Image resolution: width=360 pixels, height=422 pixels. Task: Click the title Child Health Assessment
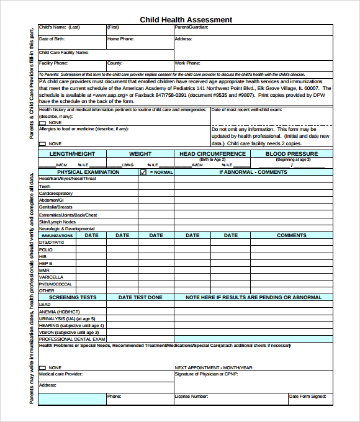[x=186, y=20]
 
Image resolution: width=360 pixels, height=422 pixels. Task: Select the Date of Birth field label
[x=52, y=39]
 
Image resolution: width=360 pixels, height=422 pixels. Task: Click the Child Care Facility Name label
[x=63, y=53]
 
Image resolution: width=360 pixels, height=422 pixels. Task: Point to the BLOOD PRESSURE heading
[x=291, y=153]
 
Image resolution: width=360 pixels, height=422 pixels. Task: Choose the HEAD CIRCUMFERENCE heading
[x=212, y=153]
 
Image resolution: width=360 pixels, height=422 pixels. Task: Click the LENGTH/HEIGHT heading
[x=72, y=153]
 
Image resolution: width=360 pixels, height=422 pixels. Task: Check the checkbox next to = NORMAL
[x=143, y=172]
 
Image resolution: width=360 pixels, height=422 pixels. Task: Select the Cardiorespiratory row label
[x=55, y=194]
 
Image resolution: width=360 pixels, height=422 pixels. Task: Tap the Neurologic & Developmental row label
[x=66, y=228]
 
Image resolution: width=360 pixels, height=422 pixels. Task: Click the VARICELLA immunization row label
[x=51, y=277]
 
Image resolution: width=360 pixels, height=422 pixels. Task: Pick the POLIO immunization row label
[x=46, y=249]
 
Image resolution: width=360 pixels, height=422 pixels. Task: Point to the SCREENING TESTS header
[x=73, y=297]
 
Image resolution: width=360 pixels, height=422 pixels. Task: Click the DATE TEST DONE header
[x=140, y=297]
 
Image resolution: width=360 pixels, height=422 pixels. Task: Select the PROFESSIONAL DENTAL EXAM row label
[x=72, y=339]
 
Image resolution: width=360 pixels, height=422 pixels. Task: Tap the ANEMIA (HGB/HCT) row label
[x=59, y=312]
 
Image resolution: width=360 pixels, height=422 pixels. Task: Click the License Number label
[x=191, y=396]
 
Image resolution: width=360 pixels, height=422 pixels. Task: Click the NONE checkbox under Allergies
[x=42, y=144]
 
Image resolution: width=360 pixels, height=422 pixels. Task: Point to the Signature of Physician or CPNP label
[x=206, y=374]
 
